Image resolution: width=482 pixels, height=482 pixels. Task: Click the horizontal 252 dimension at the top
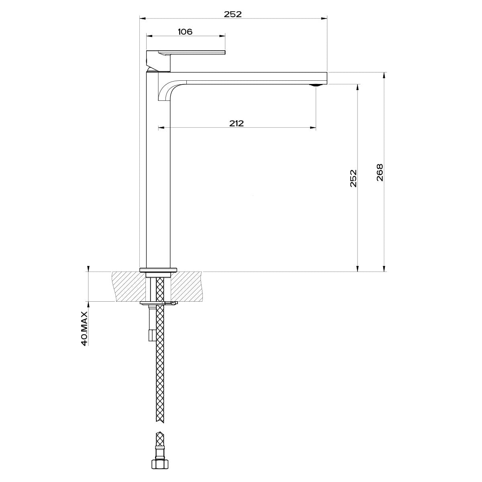click(233, 14)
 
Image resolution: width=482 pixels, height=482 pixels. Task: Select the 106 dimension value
click(185, 32)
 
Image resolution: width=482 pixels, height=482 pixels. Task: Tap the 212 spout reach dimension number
click(237, 123)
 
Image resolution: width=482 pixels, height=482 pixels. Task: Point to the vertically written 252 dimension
click(353, 178)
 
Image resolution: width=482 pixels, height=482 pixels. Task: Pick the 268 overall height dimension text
click(380, 173)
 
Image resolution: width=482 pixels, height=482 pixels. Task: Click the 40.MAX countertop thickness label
click(84, 328)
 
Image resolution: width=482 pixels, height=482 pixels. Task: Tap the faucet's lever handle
click(193, 52)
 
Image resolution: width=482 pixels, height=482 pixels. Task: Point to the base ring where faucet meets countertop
click(157, 270)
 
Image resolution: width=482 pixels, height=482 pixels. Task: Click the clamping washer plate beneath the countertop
click(158, 303)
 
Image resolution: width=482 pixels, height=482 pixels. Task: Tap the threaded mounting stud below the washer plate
click(151, 321)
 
